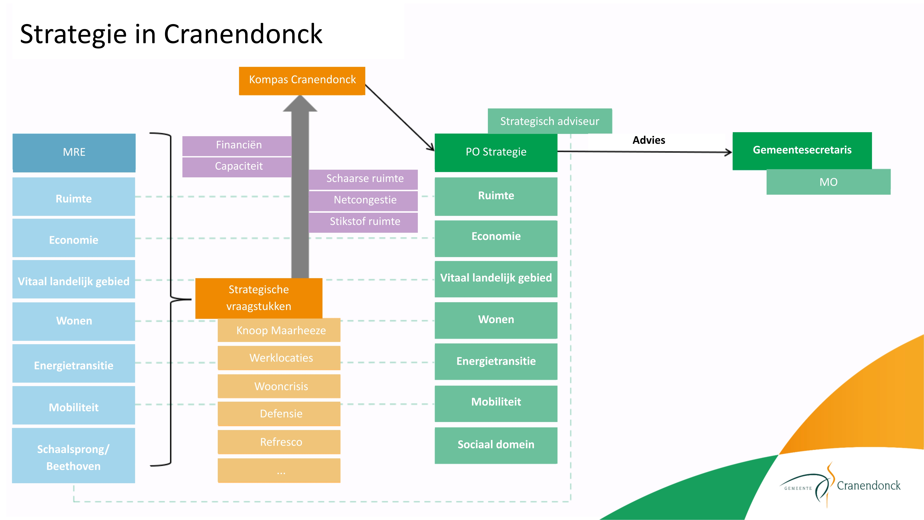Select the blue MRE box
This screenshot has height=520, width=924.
(74, 152)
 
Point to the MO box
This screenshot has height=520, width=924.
(828, 182)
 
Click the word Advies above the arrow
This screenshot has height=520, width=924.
(648, 140)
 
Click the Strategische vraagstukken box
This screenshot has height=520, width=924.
(259, 298)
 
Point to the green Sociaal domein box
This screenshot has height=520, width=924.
(496, 445)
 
